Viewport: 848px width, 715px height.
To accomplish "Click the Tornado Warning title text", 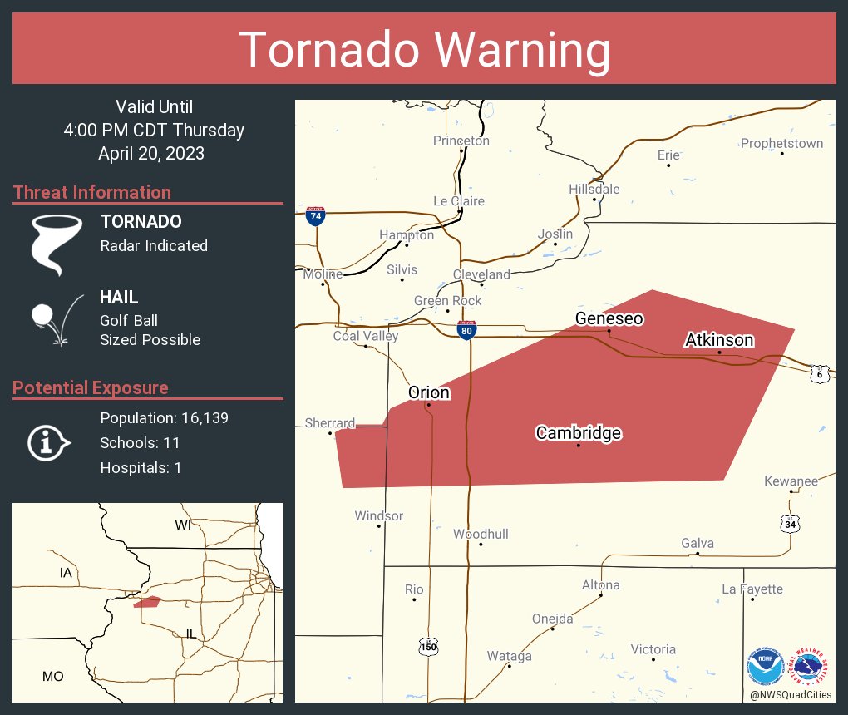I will [424, 50].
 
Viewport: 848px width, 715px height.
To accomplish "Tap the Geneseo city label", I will [609, 318].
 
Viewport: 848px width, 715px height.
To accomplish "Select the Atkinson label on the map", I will [719, 340].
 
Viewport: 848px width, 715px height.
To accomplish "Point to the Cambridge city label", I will [578, 433].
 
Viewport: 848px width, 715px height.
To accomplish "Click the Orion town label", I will [428, 392].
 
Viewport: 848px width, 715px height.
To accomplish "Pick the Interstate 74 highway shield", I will [315, 215].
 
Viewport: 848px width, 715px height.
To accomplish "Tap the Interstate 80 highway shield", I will [467, 330].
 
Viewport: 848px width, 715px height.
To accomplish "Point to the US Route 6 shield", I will [820, 374].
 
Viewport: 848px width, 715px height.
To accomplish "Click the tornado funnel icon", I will [56, 244].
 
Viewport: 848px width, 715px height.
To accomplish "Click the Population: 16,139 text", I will [164, 417].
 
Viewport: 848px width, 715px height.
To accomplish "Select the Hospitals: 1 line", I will [141, 467].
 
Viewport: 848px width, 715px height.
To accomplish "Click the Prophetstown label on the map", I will [781, 144].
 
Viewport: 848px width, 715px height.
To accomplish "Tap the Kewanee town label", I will [791, 481].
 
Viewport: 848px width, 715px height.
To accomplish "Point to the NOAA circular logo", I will [765, 668].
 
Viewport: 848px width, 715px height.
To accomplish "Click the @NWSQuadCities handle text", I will [790, 694].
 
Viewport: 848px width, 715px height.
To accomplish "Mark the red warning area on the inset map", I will [147, 602].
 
